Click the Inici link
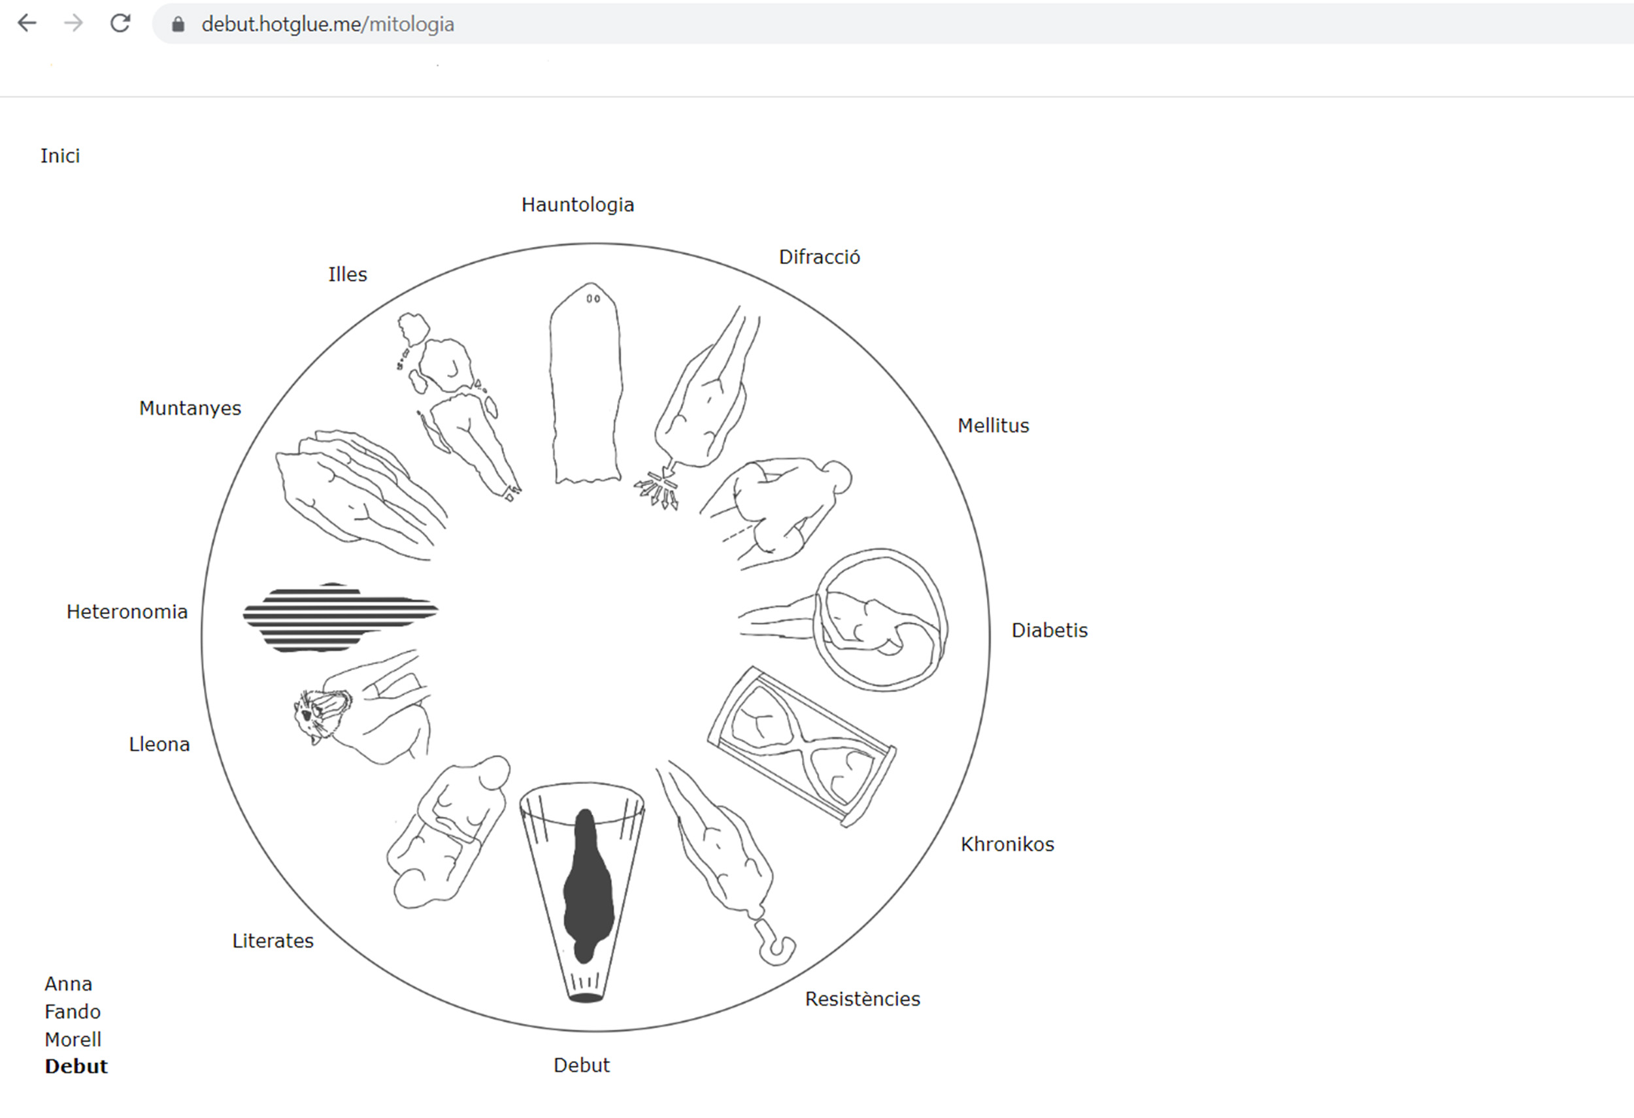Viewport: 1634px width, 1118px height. coord(59,156)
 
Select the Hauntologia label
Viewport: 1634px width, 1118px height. coord(577,205)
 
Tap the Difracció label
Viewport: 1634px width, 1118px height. coord(819,257)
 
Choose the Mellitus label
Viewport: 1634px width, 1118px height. coord(993,426)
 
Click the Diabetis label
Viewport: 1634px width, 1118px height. coord(1049,631)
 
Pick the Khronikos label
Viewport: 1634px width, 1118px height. coord(1007,845)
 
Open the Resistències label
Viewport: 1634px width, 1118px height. coord(862,999)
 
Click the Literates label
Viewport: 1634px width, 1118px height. coord(273,941)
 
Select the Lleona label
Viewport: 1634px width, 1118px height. coord(159,745)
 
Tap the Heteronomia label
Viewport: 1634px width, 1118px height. coord(127,612)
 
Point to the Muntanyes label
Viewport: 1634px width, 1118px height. coord(190,408)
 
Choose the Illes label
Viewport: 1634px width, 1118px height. coord(347,274)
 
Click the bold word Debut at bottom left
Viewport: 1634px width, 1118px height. coord(76,1066)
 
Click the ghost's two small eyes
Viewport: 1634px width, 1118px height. coord(593,299)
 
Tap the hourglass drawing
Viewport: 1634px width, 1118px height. coord(801,747)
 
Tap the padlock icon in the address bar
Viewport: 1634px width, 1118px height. coord(178,25)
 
